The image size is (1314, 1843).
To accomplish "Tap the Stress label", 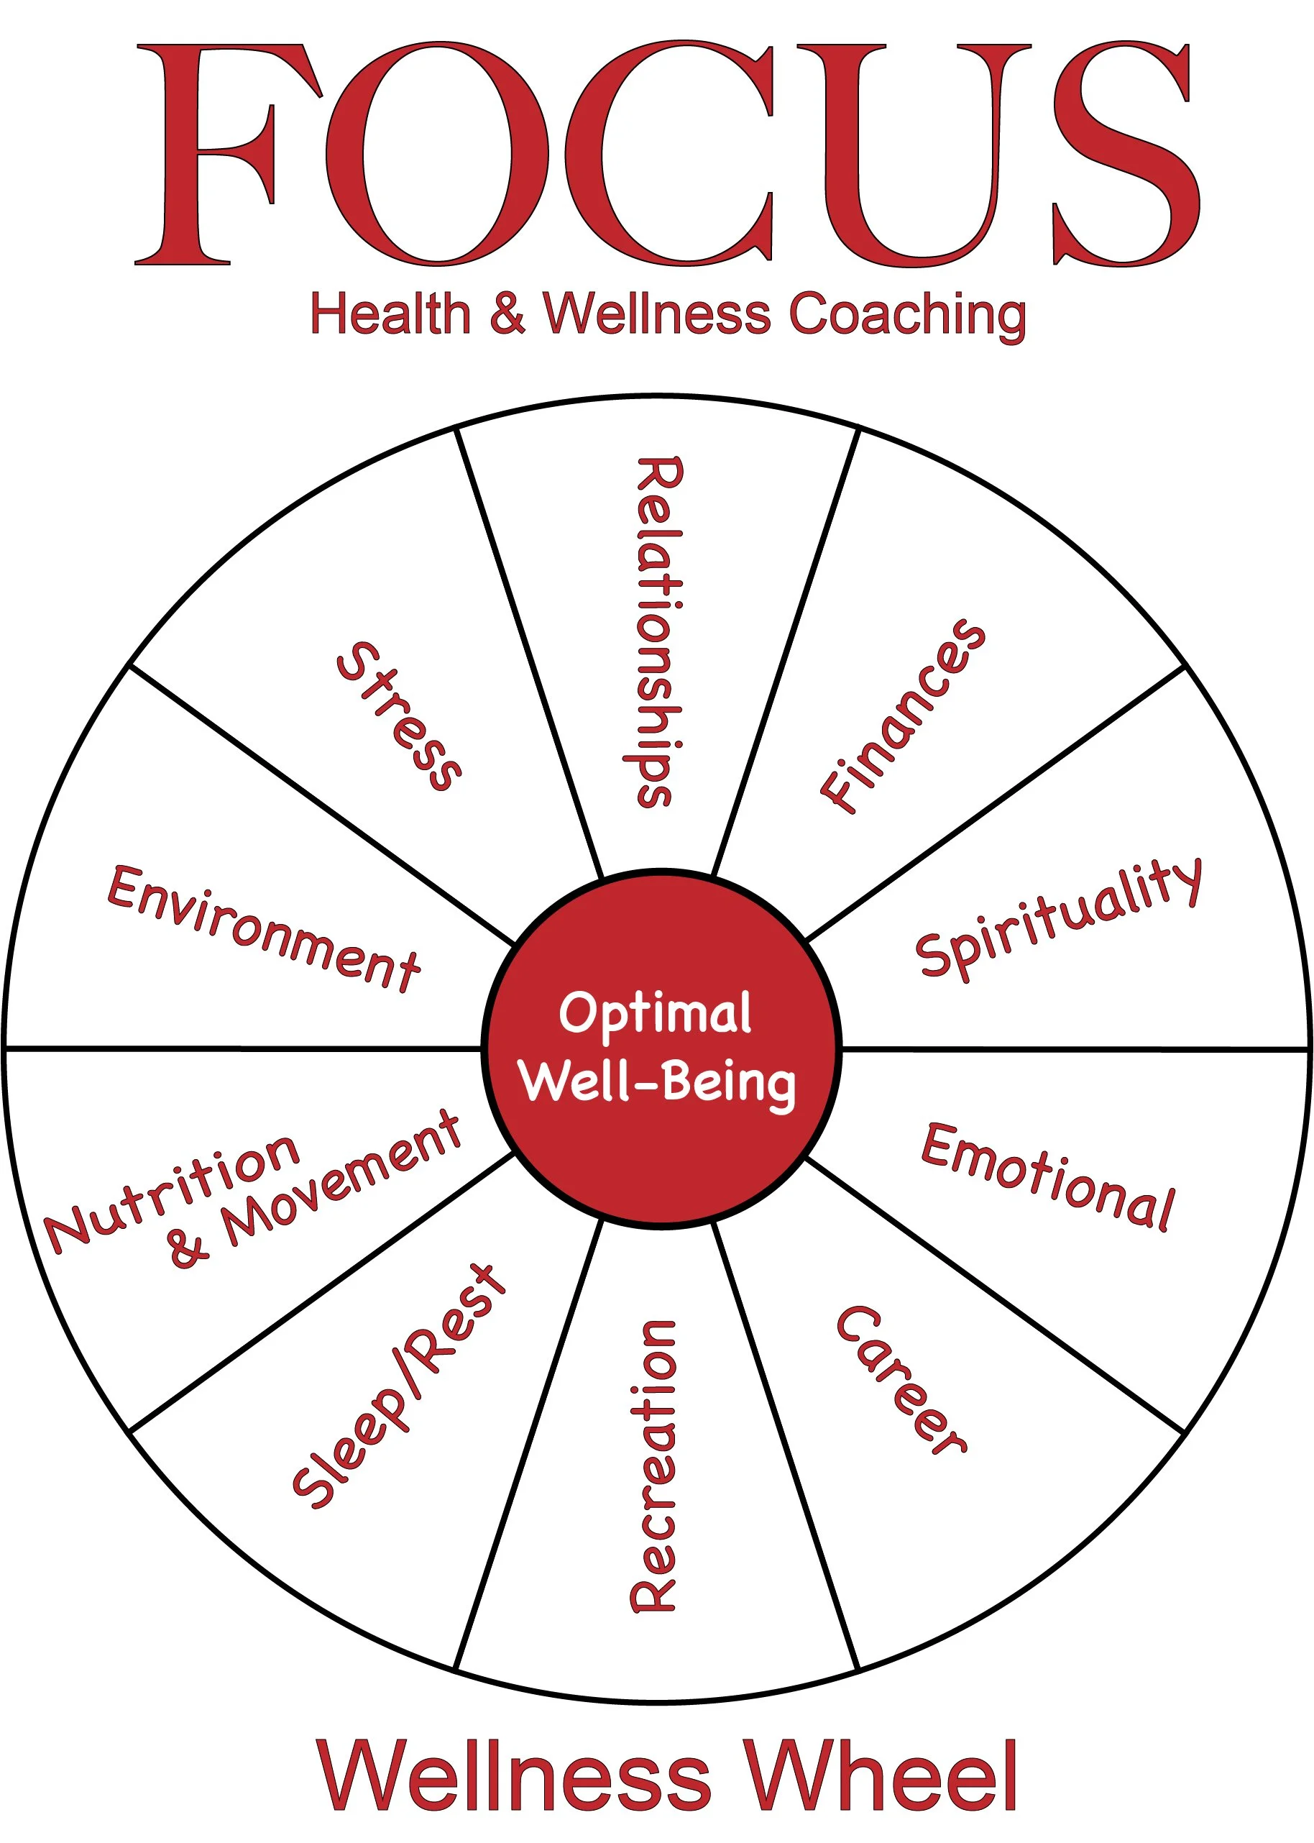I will pos(399,715).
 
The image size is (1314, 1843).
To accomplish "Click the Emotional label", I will pos(1049,1178).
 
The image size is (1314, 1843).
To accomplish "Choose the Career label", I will pos(901,1380).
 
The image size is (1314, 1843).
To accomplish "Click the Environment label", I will pos(264,928).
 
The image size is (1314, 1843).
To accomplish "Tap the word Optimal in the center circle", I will pos(656,1012).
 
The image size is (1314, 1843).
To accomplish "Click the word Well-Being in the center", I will pos(658,1082).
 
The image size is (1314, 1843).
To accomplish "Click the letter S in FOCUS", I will pos(1125,154).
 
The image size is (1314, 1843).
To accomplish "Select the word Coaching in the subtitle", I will pos(907,315).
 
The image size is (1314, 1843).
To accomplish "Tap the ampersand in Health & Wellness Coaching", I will pos(507,314).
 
